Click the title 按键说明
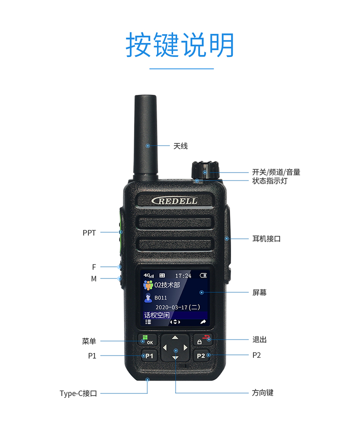pyautogui.click(x=180, y=45)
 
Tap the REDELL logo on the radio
pyautogui.click(x=175, y=201)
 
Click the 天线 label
pyautogui.click(x=180, y=146)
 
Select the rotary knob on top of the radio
pyautogui.click(x=205, y=170)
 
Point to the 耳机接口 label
pyautogui.click(x=267, y=238)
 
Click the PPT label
pyautogui.click(x=89, y=233)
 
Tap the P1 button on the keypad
pyautogui.click(x=149, y=356)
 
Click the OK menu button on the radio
pyautogui.click(x=147, y=340)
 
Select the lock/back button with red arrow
pyautogui.click(x=203, y=340)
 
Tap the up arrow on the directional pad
pyautogui.click(x=175, y=338)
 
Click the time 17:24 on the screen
pyautogui.click(x=183, y=276)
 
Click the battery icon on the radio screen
pyautogui.click(x=203, y=275)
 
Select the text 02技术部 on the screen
pyautogui.click(x=167, y=285)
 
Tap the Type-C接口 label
pyautogui.click(x=78, y=393)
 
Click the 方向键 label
pyautogui.click(x=262, y=392)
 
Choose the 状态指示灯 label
pyautogui.click(x=270, y=181)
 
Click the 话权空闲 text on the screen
pyautogui.click(x=157, y=315)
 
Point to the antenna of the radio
pyautogui.click(x=145, y=135)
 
